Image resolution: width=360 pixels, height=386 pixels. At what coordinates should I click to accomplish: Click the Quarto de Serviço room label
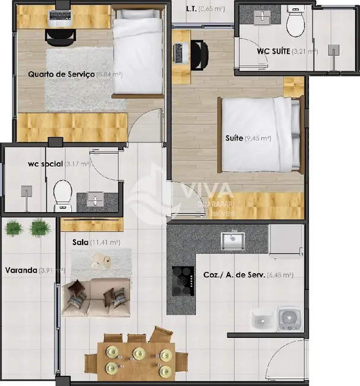(x=62, y=74)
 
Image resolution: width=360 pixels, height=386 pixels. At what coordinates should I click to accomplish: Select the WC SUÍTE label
(x=273, y=51)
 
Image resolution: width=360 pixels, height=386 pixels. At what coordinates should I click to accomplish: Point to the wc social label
(x=45, y=164)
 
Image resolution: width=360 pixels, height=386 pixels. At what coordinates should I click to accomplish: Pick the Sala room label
(x=81, y=242)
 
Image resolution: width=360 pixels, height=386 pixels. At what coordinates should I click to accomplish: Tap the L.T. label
(x=191, y=9)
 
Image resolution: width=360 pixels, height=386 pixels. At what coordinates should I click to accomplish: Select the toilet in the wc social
(x=62, y=196)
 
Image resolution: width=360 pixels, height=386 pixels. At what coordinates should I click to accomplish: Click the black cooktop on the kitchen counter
(x=183, y=278)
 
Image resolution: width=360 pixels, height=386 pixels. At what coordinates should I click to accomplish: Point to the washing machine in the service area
(x=289, y=318)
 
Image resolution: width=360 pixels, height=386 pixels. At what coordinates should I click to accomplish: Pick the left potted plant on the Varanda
(x=14, y=227)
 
